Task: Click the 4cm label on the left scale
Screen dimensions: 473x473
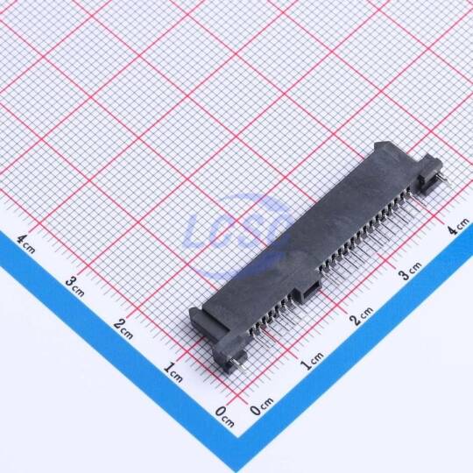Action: tap(25, 244)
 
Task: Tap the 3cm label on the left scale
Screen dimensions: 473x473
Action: tap(74, 286)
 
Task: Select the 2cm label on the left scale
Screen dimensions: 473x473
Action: tap(124, 328)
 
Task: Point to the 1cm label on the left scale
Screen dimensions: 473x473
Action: tap(173, 372)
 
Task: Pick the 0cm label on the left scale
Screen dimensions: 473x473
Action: tap(224, 417)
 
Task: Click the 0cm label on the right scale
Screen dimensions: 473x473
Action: tap(262, 406)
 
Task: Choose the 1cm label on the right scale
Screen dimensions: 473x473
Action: tap(312, 361)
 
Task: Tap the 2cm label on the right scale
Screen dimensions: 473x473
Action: tap(362, 316)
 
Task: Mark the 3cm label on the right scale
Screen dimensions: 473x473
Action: tap(410, 271)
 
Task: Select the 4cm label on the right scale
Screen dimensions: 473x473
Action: tap(458, 226)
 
